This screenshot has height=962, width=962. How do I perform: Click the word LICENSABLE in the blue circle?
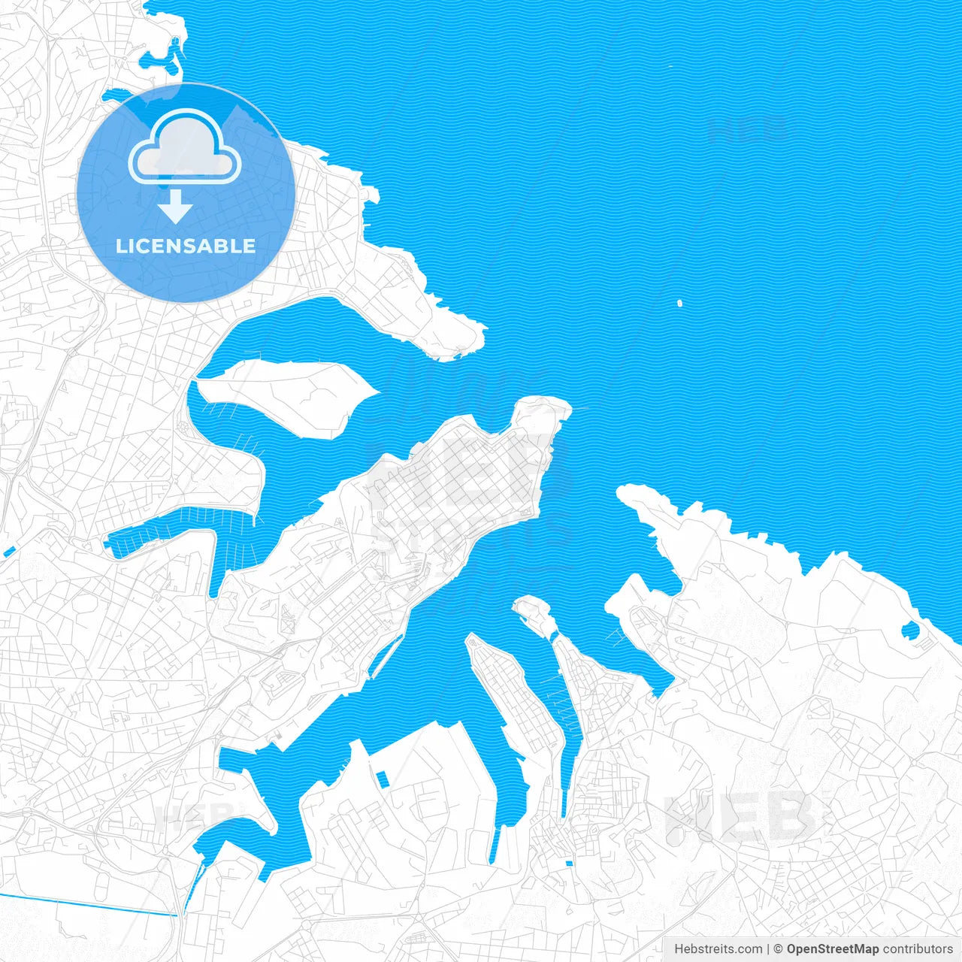186,246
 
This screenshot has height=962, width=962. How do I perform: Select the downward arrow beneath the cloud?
175,206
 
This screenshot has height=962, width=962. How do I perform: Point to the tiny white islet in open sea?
679,304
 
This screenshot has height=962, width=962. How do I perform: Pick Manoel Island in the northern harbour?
286,395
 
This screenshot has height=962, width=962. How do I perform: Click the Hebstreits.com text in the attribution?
718,949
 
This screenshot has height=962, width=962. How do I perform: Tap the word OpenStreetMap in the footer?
832,949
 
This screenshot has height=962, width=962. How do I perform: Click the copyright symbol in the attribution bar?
779,949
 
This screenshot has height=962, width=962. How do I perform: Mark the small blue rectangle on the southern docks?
383,779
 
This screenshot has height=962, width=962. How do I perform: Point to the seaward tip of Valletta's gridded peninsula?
552,410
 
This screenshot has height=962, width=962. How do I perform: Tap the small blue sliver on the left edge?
9,552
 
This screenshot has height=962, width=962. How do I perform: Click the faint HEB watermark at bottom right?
740,815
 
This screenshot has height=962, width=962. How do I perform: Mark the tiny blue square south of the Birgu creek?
568,864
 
